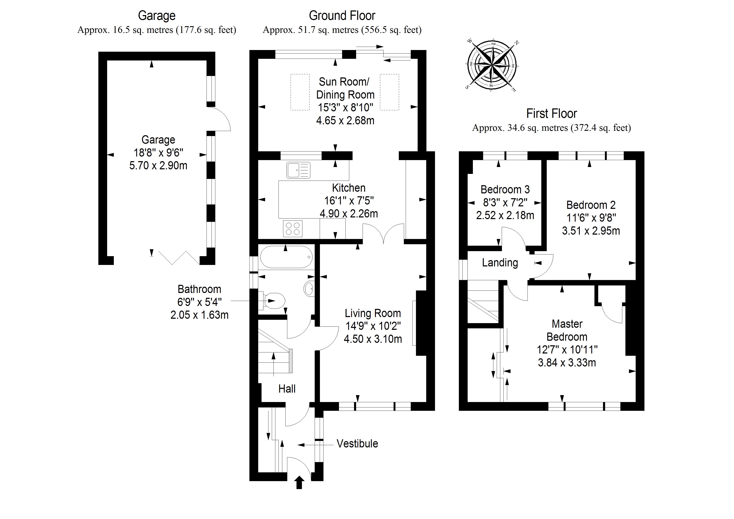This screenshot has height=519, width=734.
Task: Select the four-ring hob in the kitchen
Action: (293, 228)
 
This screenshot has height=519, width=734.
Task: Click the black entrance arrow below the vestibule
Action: (299, 482)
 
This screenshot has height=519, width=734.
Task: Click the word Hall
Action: (287, 389)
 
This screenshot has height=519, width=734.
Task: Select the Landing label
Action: (500, 263)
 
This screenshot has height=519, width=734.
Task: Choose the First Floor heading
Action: (552, 113)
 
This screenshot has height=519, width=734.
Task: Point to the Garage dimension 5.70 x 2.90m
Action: (158, 166)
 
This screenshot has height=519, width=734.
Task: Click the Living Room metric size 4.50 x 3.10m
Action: (373, 339)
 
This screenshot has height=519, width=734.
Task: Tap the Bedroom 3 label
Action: (505, 190)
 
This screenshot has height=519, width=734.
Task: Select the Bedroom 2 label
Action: (591, 205)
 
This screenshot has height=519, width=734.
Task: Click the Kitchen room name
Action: (348, 188)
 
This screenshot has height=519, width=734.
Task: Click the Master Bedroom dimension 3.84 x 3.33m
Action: (567, 363)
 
